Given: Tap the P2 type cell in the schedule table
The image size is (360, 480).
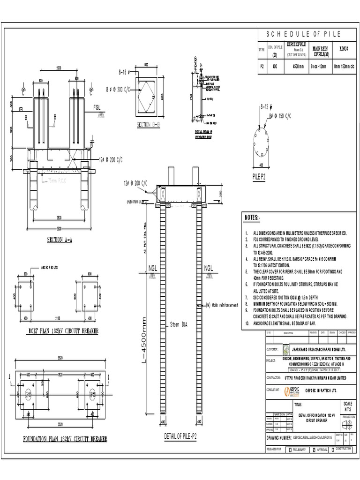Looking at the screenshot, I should point(262,67).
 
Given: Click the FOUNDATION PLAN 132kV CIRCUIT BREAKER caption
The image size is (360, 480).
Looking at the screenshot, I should point(65,439).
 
